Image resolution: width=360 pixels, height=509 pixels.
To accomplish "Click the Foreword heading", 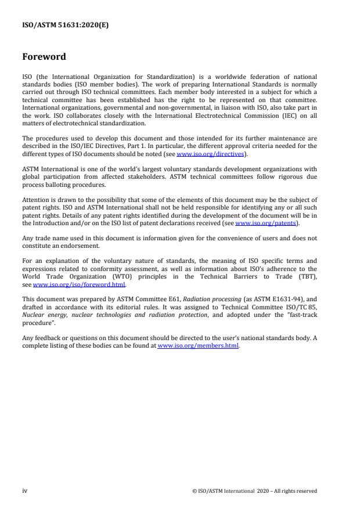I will pos(44,57).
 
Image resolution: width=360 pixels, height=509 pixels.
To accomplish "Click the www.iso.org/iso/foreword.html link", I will pos(79,284).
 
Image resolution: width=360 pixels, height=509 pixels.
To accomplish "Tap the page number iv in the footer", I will pos(24,490).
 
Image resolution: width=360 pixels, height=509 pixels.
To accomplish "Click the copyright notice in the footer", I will pos(254,491).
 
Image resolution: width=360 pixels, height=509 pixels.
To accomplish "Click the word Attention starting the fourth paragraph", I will pos(35,199).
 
